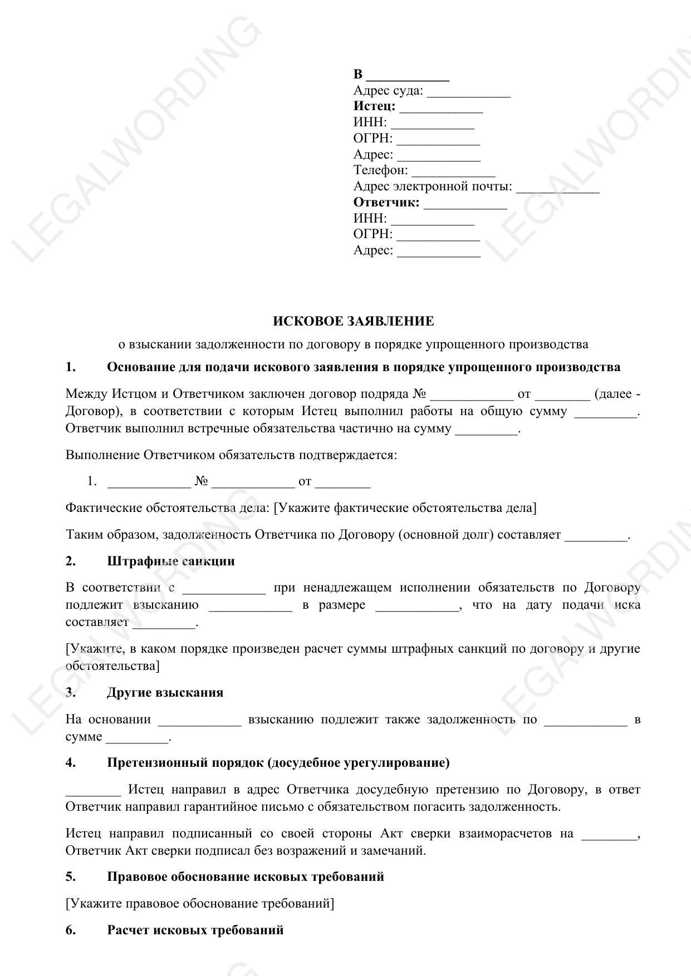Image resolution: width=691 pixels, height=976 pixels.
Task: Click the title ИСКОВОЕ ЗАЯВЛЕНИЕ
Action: (353, 321)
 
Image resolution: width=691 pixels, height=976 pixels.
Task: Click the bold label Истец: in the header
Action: (374, 106)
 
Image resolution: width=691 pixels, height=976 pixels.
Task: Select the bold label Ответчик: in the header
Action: (386, 202)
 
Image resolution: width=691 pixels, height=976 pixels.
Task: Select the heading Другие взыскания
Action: (165, 692)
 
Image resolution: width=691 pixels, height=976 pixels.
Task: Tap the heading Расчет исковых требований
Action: (195, 930)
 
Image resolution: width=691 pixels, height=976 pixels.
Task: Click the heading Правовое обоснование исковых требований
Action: (245, 876)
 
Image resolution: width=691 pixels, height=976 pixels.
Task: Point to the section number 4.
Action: (71, 762)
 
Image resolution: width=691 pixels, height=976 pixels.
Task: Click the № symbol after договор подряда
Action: (419, 394)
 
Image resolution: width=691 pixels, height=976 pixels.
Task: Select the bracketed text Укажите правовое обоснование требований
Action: (200, 903)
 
